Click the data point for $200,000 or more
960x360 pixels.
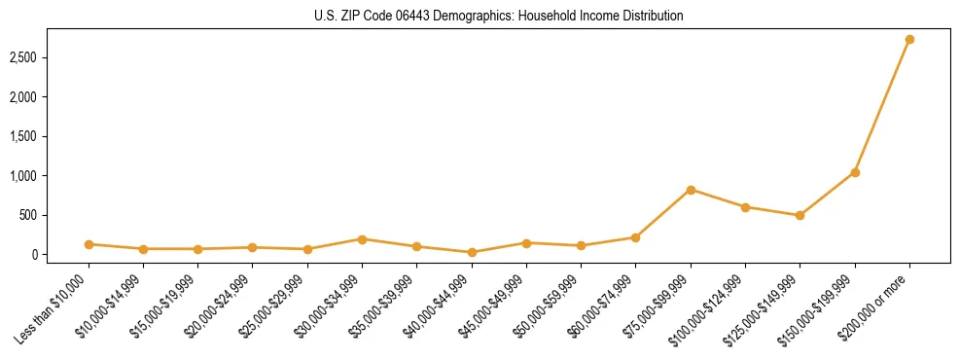pos(909,40)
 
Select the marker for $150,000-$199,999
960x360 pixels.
pos(855,172)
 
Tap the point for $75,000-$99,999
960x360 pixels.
pos(691,190)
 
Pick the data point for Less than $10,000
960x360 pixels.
pos(89,244)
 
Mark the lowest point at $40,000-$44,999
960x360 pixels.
pos(472,252)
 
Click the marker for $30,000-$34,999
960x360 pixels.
pos(362,238)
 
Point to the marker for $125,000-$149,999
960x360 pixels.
pos(800,215)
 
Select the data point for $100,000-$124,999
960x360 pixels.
pos(745,207)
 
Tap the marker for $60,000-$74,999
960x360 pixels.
pos(635,237)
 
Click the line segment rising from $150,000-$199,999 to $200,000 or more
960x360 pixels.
pos(882,106)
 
